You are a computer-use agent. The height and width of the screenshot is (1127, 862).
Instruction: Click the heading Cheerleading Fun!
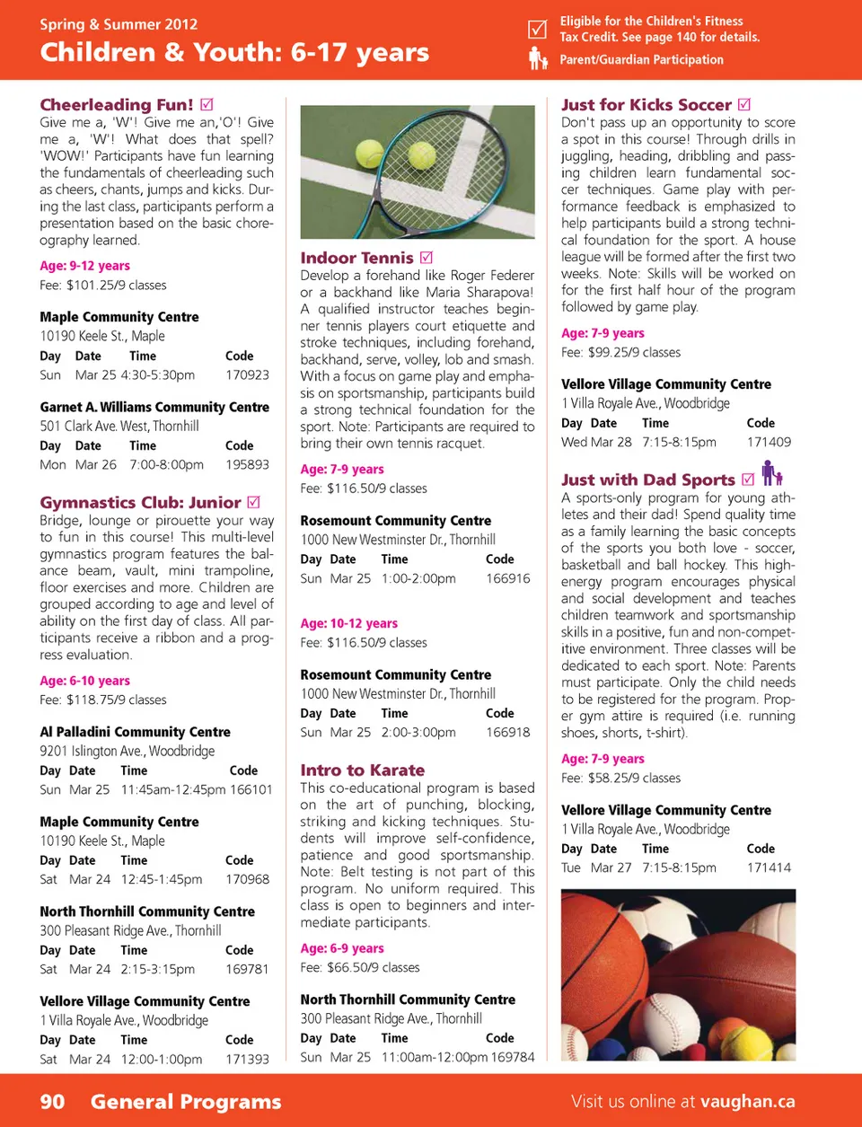click(117, 105)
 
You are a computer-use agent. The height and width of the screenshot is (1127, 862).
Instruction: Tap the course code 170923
click(247, 375)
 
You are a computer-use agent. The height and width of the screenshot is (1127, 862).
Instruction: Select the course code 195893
click(247, 465)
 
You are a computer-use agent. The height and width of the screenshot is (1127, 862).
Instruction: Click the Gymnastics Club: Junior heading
click(140, 503)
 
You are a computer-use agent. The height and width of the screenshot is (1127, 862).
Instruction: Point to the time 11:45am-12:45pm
click(173, 790)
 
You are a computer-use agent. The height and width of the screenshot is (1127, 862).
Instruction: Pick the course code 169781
click(247, 970)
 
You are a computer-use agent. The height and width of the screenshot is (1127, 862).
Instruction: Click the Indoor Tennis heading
click(356, 259)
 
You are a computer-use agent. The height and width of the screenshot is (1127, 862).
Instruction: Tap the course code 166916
click(508, 579)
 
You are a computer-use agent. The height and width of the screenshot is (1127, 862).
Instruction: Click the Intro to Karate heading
click(363, 770)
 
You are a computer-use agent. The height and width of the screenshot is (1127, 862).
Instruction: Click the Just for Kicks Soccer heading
click(646, 105)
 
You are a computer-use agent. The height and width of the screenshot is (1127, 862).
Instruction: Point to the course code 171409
click(769, 443)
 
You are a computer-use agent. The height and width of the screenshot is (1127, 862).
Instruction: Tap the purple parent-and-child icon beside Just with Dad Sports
click(771, 473)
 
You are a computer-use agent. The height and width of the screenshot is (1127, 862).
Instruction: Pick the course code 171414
click(769, 868)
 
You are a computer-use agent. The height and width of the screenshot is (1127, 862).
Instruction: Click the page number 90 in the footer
click(52, 1102)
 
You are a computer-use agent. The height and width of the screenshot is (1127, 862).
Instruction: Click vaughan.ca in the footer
click(748, 1102)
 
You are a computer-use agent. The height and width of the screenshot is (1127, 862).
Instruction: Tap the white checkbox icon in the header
click(537, 30)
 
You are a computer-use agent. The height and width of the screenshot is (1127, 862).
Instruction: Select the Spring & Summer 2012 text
click(119, 24)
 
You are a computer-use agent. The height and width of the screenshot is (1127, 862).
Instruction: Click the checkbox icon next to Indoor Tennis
click(427, 259)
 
